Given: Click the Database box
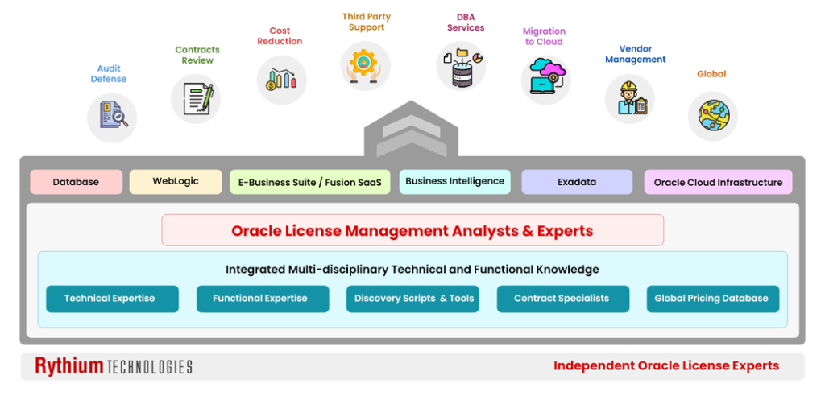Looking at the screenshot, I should click(x=76, y=182).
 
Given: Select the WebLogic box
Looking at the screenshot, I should click(x=176, y=182).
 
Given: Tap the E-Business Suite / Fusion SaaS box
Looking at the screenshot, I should click(x=310, y=182).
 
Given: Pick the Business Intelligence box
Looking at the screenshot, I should click(x=454, y=182).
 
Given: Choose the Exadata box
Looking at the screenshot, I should click(x=577, y=182).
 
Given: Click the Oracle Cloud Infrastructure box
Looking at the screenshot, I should click(x=718, y=182).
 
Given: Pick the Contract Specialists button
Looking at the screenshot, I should click(x=562, y=299).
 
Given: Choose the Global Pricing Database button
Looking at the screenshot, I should click(x=712, y=299).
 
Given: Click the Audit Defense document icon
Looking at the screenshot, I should click(x=112, y=118).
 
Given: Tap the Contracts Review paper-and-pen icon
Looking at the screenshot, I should click(x=196, y=98).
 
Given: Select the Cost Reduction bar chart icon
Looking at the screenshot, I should click(x=281, y=80).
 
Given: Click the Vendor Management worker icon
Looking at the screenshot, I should click(x=629, y=98).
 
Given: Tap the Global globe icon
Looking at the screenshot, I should click(x=712, y=115).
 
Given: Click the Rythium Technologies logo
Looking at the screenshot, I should click(x=114, y=366).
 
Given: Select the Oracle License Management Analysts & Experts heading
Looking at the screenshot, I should click(x=412, y=231).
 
